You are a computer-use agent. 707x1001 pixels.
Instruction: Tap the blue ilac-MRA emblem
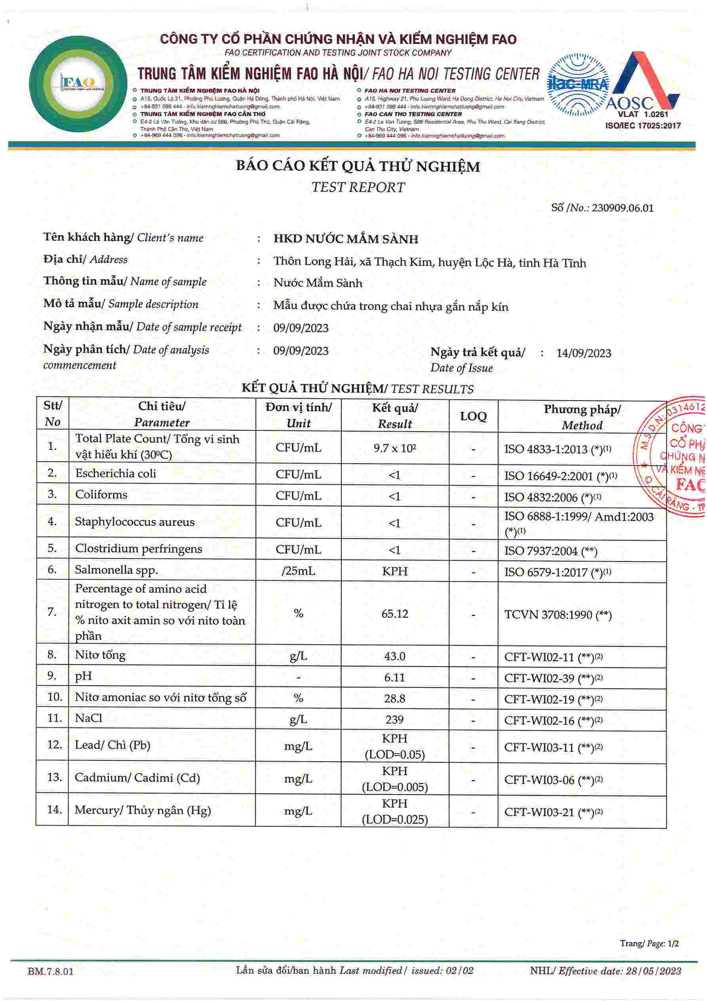click(578, 84)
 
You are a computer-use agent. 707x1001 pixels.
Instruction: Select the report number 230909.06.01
click(623, 208)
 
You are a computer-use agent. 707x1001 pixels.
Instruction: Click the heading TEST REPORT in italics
click(358, 187)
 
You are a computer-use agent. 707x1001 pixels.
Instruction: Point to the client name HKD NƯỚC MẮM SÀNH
click(346, 239)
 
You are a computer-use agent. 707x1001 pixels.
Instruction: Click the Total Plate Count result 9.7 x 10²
click(394, 448)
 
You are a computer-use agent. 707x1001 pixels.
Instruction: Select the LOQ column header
click(473, 416)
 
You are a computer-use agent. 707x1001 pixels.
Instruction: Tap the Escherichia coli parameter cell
click(116, 474)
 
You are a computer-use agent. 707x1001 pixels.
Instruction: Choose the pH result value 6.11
click(394, 677)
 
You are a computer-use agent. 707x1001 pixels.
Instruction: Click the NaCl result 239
click(394, 719)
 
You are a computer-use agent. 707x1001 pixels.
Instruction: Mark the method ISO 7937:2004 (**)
click(551, 551)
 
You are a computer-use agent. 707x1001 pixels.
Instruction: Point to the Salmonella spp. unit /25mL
click(298, 571)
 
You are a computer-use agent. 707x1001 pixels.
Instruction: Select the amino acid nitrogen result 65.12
click(394, 614)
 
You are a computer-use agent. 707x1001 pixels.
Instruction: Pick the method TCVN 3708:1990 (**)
click(558, 615)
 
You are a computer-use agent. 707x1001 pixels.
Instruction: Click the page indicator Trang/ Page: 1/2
click(649, 944)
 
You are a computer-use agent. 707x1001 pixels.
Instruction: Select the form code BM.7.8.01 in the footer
click(51, 972)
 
